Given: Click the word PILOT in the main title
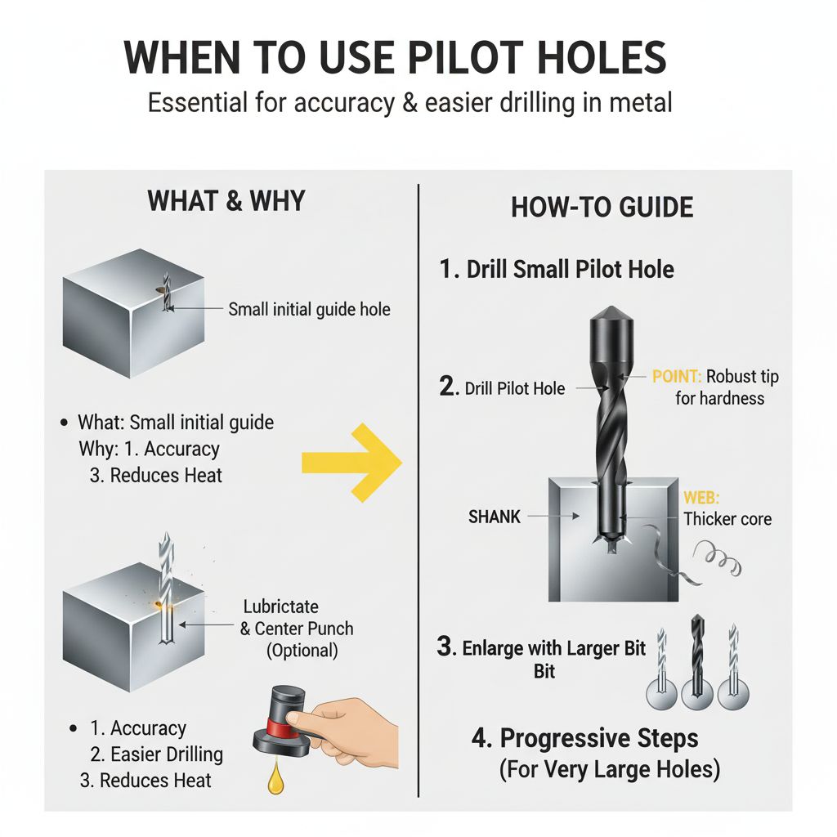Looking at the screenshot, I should [x=453, y=59].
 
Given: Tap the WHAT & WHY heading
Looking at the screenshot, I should [x=226, y=200].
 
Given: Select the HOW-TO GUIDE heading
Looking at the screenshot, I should [x=602, y=207].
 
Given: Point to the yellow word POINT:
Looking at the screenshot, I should [x=677, y=377].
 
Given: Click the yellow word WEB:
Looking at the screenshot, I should [x=700, y=498].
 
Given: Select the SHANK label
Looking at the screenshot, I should [x=495, y=517].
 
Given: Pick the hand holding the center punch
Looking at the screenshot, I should [x=347, y=723].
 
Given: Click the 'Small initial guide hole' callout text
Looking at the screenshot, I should [x=309, y=309].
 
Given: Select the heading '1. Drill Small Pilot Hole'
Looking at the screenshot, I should [x=557, y=270].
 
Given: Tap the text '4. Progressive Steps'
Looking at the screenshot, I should [x=584, y=739].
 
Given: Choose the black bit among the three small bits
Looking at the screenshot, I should [x=696, y=662].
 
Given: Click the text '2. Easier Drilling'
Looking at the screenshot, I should [x=155, y=754].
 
